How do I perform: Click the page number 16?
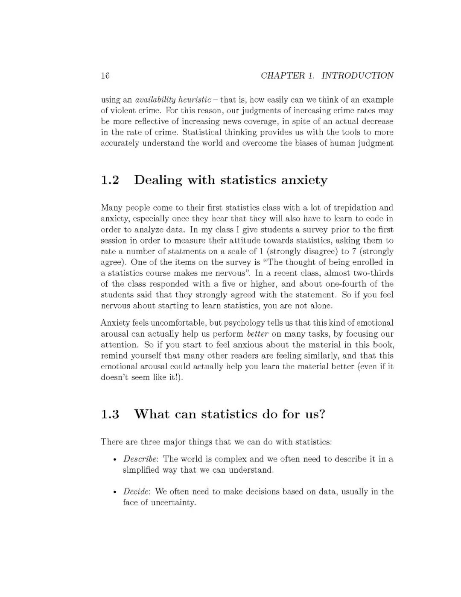coord(105,76)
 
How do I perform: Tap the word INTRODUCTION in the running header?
coord(357,76)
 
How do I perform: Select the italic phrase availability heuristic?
coord(173,100)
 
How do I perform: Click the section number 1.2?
coord(109,180)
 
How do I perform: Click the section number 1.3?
coord(109,415)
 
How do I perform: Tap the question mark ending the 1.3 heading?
coord(322,414)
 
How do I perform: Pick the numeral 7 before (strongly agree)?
coord(354,252)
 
